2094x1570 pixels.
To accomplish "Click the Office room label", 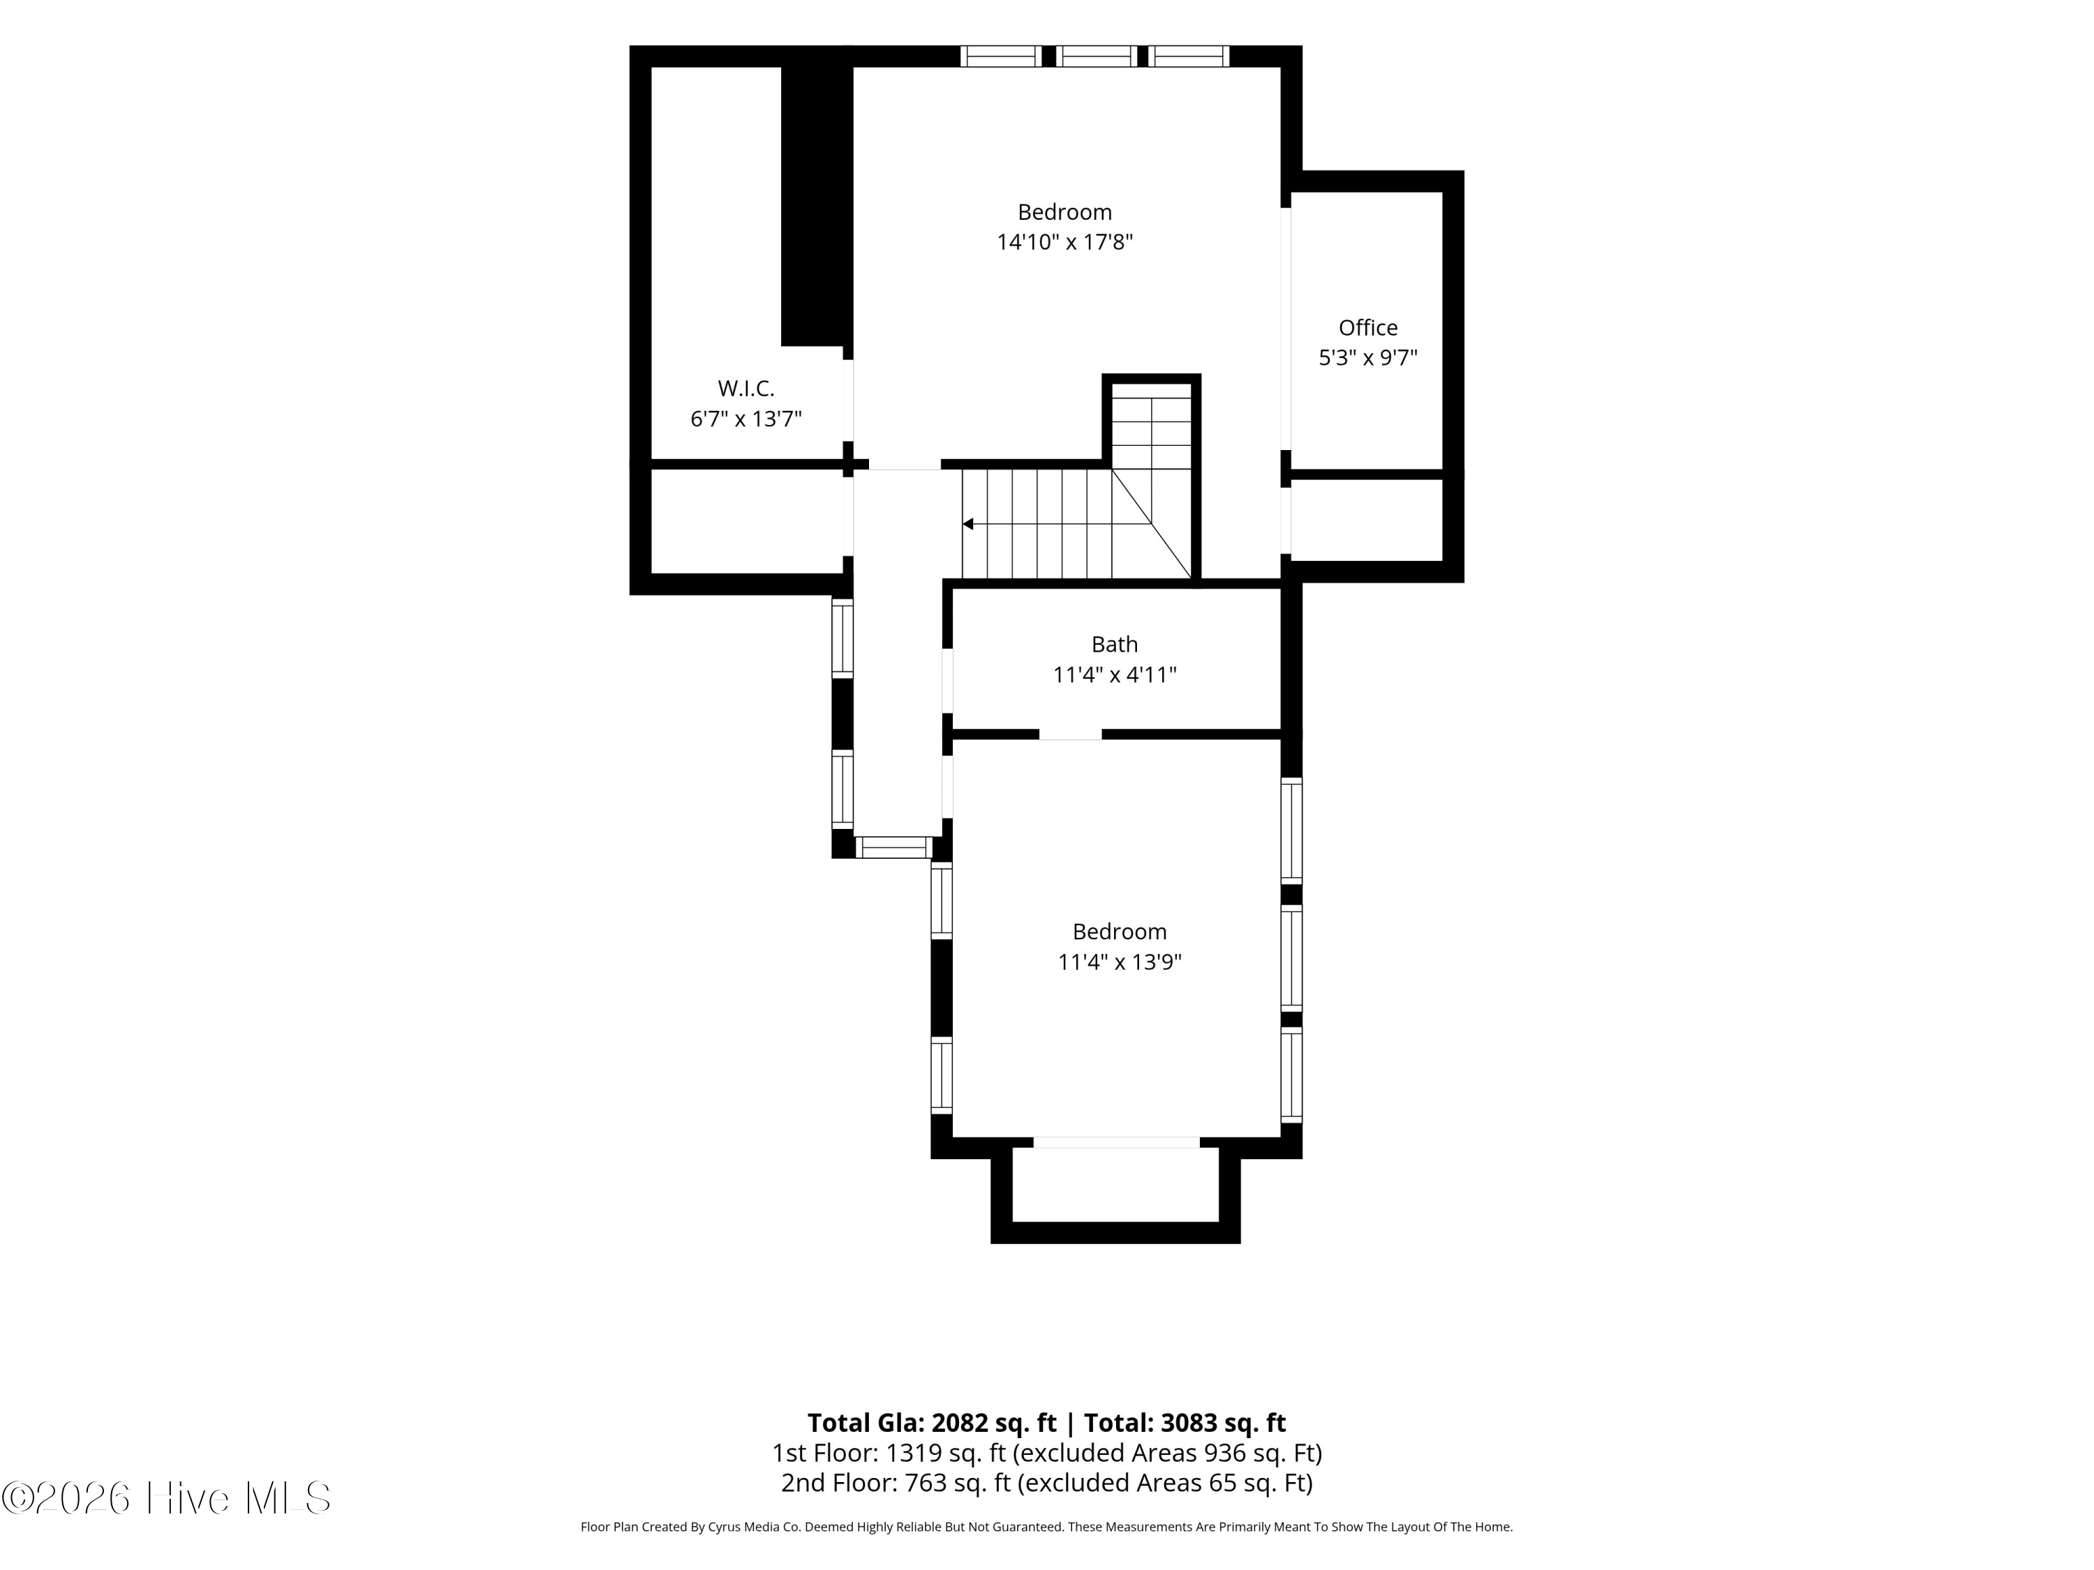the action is [1368, 327].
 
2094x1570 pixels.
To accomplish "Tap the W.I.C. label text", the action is [746, 388].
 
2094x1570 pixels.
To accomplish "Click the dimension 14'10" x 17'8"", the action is [1065, 242].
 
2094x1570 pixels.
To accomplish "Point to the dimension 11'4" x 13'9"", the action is [1120, 962].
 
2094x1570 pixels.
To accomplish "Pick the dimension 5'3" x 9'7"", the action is [1368, 358].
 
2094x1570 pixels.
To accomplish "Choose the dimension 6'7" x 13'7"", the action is [746, 418].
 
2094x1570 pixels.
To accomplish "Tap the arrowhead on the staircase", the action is [967, 523].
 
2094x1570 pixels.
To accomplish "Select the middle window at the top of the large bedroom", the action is [1097, 56].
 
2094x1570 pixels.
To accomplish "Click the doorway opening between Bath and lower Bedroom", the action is [1071, 734].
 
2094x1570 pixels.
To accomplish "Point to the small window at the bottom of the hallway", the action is [893, 847].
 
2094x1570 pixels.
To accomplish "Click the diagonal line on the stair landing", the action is [1151, 523].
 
